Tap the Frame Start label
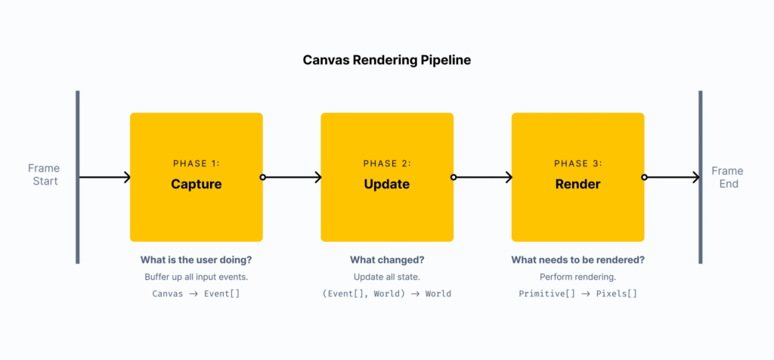(44, 175)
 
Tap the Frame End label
(728, 177)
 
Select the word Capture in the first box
(196, 184)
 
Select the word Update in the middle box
(387, 184)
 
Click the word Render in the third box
(577, 184)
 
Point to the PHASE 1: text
(197, 163)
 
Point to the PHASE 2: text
(387, 163)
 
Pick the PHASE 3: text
(577, 163)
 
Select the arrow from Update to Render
(484, 178)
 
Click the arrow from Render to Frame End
(673, 178)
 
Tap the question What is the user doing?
(196, 259)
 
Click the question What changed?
(387, 259)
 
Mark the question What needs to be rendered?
(577, 259)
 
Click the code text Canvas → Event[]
(196, 293)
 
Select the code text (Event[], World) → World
(387, 293)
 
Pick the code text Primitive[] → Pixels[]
(577, 293)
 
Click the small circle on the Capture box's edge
(262, 178)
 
